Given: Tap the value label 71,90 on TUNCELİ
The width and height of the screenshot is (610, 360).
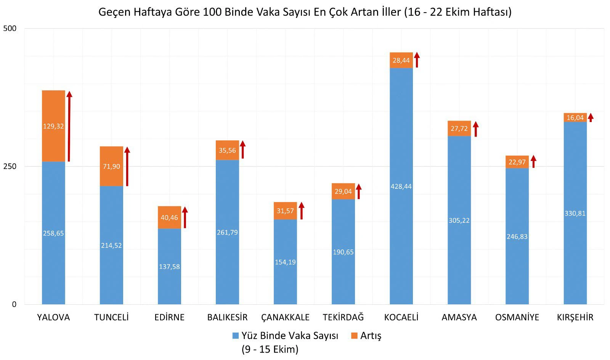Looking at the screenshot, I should (111, 167).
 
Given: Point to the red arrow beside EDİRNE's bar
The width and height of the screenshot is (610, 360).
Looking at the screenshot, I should (185, 217).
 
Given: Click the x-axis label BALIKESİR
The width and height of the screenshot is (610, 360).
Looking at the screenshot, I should (227, 317).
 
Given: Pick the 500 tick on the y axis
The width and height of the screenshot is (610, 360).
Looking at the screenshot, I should (10, 29).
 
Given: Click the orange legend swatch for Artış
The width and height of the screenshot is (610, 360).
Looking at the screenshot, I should (354, 336).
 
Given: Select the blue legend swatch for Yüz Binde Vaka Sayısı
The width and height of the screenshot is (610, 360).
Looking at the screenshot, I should (236, 336).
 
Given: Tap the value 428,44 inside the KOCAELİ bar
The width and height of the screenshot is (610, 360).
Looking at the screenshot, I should (401, 186).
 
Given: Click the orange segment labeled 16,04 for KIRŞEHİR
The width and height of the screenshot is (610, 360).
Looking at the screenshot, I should (575, 117).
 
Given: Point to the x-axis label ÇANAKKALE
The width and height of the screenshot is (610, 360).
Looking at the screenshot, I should (285, 317).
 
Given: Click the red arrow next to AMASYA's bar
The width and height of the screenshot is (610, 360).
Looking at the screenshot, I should (476, 129).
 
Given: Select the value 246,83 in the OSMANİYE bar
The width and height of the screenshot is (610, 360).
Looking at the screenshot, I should (517, 236).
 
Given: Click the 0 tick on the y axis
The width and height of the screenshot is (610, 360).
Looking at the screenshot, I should (14, 304).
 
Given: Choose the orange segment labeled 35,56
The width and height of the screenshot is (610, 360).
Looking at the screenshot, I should (227, 150).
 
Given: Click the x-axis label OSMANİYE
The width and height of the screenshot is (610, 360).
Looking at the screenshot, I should (517, 317).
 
